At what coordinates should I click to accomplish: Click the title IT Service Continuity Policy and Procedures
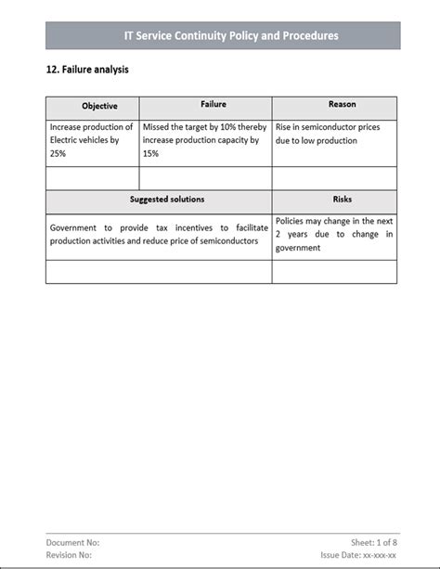(x=231, y=36)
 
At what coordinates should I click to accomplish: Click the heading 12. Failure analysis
(x=87, y=70)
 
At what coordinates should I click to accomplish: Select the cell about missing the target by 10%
(x=205, y=140)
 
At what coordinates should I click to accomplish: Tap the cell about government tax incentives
(x=159, y=235)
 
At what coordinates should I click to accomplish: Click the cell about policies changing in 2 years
(x=334, y=235)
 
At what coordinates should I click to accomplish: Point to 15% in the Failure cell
(x=151, y=154)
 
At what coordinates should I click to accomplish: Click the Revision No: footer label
(x=71, y=555)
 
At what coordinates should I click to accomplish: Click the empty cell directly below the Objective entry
(x=92, y=178)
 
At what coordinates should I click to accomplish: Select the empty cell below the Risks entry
(x=334, y=272)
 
